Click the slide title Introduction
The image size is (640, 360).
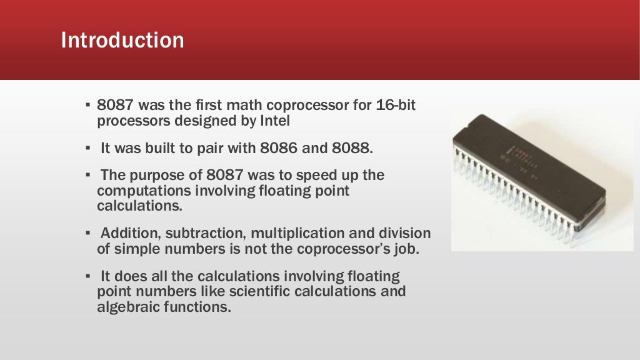click(x=122, y=41)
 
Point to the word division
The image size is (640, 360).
click(x=405, y=234)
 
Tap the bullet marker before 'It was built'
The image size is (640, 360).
click(x=88, y=149)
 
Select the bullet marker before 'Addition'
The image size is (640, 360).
click(x=88, y=234)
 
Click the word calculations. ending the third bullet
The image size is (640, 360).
click(x=134, y=205)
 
